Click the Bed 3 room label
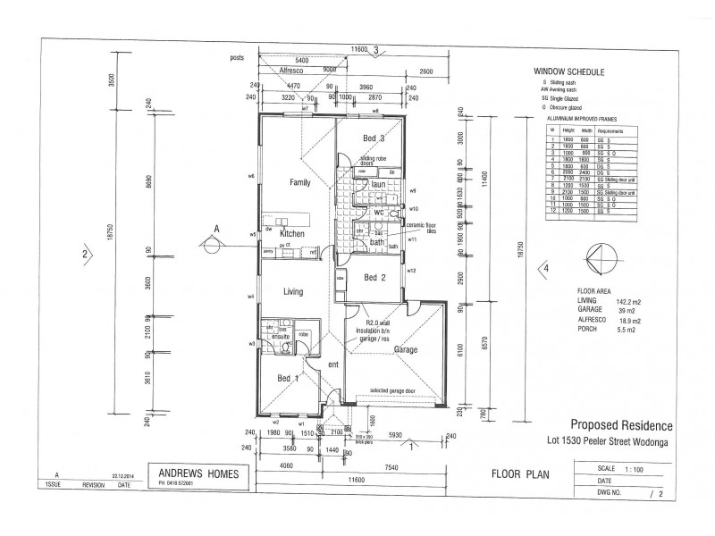coord(374,138)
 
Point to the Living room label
coord(296,291)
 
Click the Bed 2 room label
coord(374,278)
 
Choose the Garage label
coord(407,350)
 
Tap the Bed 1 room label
coord(288,380)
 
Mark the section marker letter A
coord(215,229)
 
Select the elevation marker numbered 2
coord(84,253)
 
